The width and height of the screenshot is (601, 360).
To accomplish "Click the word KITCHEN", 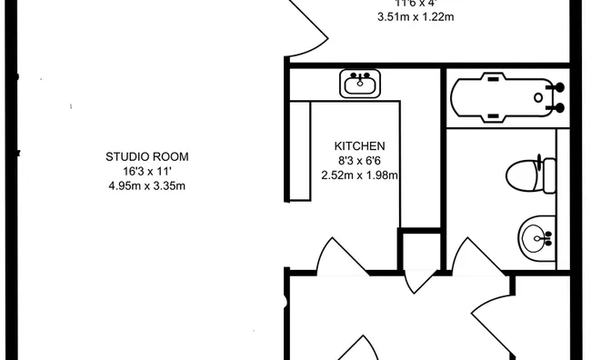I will [360, 145].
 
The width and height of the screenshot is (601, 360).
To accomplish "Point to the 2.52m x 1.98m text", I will [360, 175].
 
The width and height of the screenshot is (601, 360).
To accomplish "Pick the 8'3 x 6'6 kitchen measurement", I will [360, 161].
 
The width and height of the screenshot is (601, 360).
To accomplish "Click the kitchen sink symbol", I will [363, 85].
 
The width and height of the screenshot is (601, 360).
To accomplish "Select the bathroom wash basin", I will [537, 239].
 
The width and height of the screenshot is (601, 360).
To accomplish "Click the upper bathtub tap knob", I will [560, 87].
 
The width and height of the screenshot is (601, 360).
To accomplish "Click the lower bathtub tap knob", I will [560, 108].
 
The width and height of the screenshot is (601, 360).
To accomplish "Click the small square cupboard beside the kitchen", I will [420, 249].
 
